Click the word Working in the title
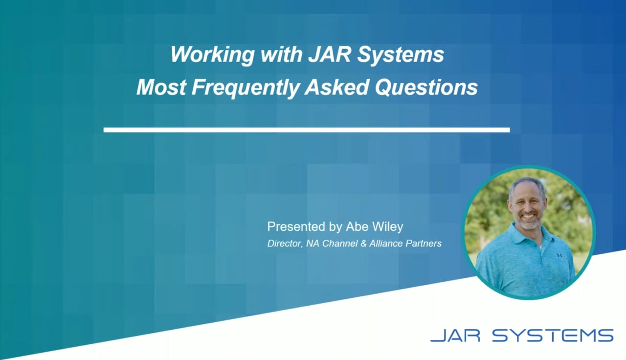pyautogui.click(x=212, y=54)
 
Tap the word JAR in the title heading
pyautogui.click(x=329, y=54)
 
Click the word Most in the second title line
pyautogui.click(x=161, y=87)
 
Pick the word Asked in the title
pyautogui.click(x=336, y=87)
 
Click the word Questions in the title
pyautogui.click(x=426, y=88)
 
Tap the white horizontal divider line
pyautogui.click(x=307, y=130)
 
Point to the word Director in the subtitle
pyautogui.click(x=285, y=244)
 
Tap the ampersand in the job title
pyautogui.click(x=363, y=244)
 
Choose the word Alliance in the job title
pyautogui.click(x=386, y=244)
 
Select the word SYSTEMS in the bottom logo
pyautogui.click(x=553, y=336)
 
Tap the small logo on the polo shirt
pyautogui.click(x=559, y=255)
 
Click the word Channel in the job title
pyautogui.click(x=339, y=244)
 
